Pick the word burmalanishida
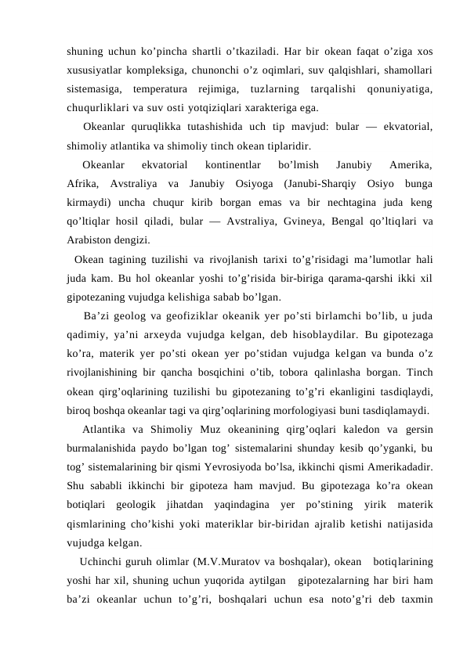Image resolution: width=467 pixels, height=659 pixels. pos(103,447)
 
